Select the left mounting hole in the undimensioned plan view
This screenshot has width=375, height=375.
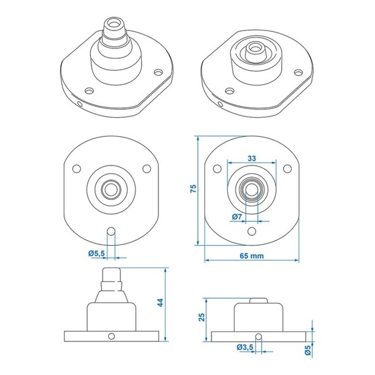76,168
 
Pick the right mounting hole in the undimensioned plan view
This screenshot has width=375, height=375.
147,168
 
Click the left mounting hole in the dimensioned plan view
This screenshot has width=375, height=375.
216,168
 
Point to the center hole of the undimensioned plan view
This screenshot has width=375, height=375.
111,187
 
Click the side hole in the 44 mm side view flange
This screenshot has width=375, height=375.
111,336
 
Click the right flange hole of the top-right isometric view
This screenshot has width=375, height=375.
298,73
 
